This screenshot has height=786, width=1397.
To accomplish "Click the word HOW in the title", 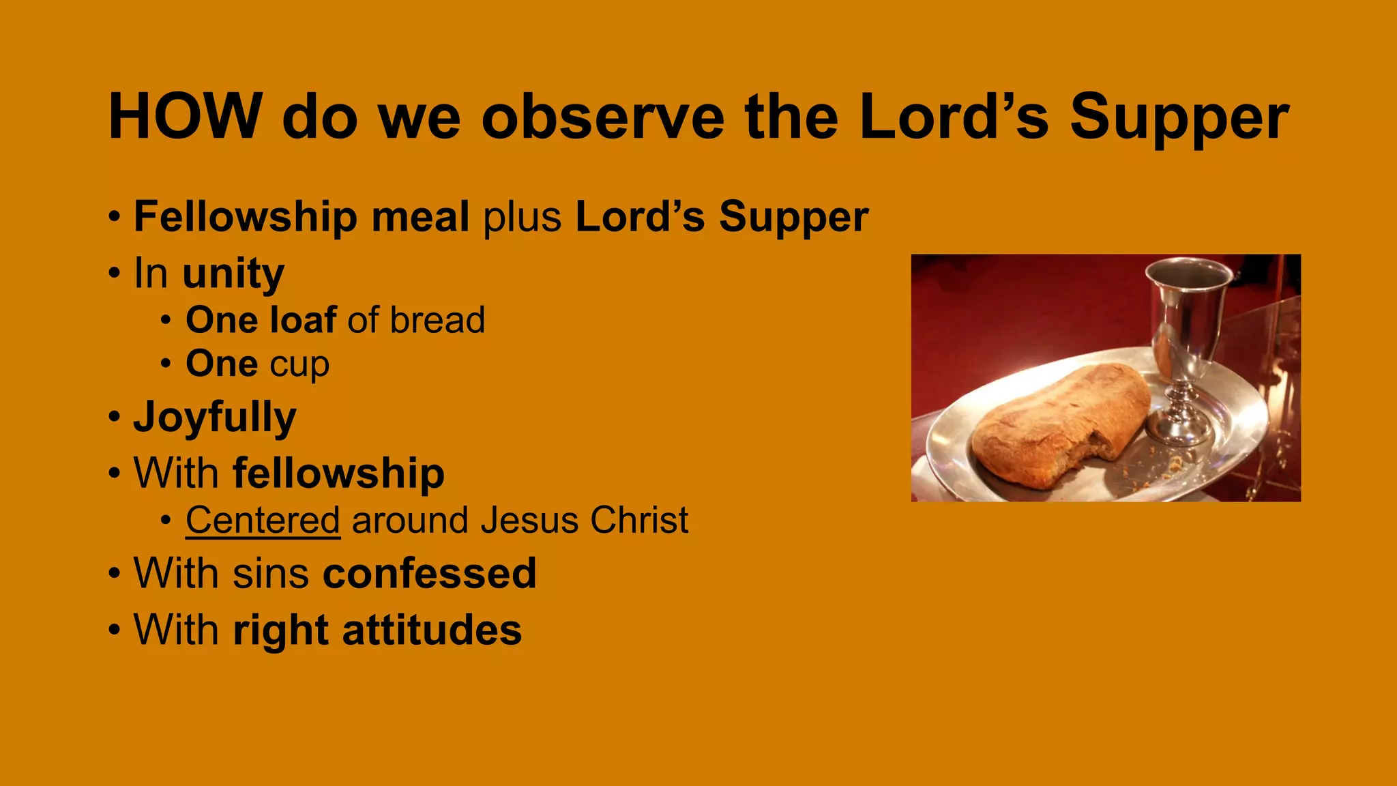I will tap(185, 117).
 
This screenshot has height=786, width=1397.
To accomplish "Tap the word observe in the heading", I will tap(602, 117).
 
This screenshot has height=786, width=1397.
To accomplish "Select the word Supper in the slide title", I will tap(1179, 117).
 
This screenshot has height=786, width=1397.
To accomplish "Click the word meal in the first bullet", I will tap(420, 217).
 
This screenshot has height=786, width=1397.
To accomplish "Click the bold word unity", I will tap(233, 274).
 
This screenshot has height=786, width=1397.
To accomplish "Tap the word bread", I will tap(437, 320).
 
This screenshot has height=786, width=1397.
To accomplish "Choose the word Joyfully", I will tap(216, 417).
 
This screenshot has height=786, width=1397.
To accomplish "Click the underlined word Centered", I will tap(263, 520).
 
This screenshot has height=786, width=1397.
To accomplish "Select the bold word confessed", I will tap(430, 573).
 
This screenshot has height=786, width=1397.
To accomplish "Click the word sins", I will tap(271, 573).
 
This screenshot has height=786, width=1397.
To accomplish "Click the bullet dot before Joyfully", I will tap(114, 417).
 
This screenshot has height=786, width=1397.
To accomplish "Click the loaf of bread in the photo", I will tap(1061, 423).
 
